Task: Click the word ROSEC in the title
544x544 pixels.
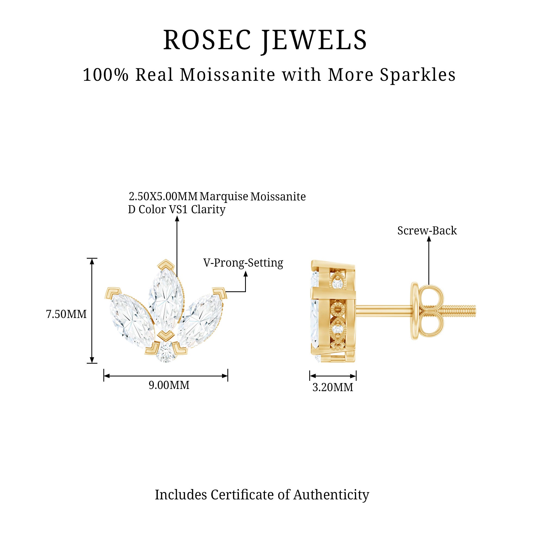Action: [207, 40]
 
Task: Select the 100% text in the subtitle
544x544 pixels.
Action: [106, 75]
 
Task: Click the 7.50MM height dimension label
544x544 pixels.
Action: [66, 314]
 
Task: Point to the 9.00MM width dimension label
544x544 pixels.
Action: [169, 385]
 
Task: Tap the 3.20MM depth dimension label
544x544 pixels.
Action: [333, 387]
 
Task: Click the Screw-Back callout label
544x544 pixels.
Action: [427, 231]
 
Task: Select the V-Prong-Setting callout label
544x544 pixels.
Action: [243, 263]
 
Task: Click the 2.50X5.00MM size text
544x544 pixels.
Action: [163, 196]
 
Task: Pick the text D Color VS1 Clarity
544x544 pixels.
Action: [177, 209]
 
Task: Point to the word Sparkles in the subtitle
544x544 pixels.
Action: [418, 75]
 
